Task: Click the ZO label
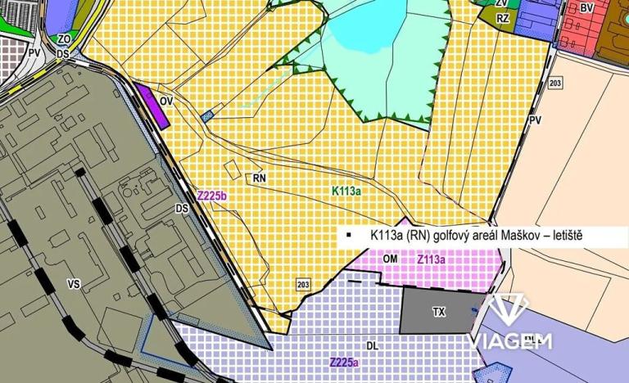pyautogui.click(x=64, y=38)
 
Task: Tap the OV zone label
pyautogui.click(x=166, y=101)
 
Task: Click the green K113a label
pyautogui.click(x=346, y=190)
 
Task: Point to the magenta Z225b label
pyautogui.click(x=211, y=196)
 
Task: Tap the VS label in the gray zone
pyautogui.click(x=73, y=284)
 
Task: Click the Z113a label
pyautogui.click(x=431, y=259)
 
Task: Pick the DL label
pyautogui.click(x=373, y=346)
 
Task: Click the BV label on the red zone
pyautogui.click(x=586, y=7)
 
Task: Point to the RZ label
pyautogui.click(x=503, y=18)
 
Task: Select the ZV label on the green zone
pyautogui.click(x=501, y=3)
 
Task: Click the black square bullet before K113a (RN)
pyautogui.click(x=348, y=237)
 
